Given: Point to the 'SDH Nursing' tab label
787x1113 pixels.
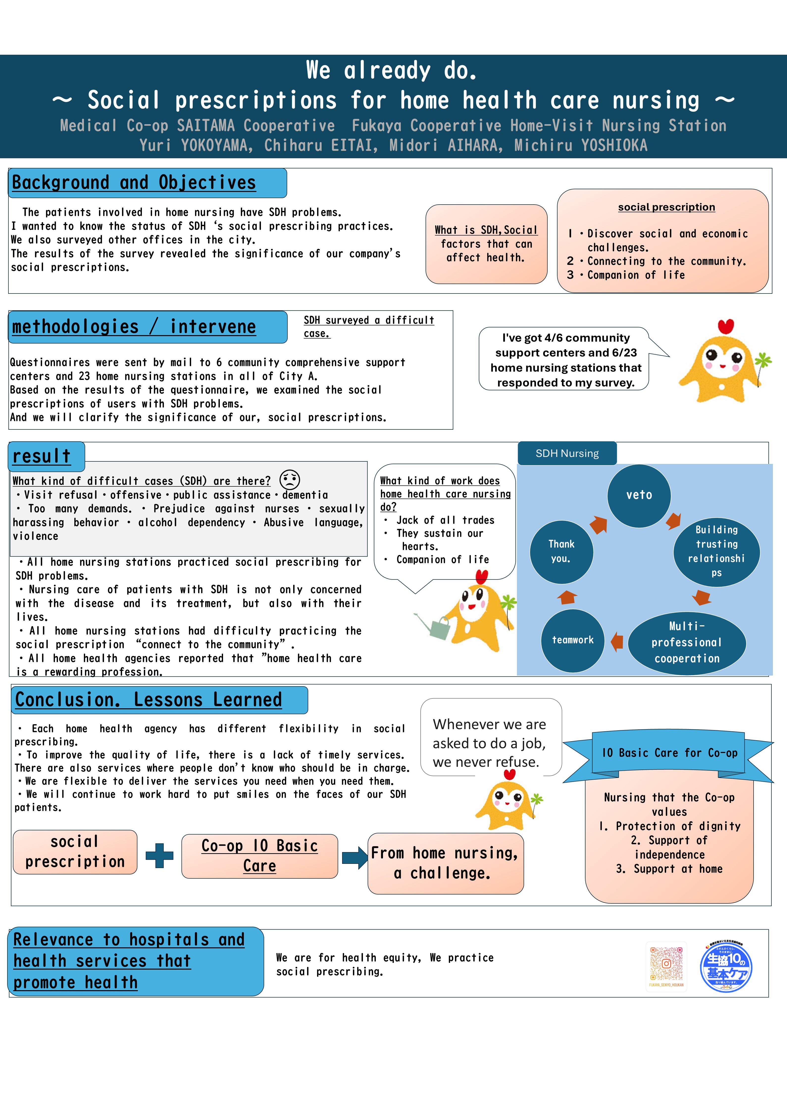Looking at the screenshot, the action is tap(567, 453).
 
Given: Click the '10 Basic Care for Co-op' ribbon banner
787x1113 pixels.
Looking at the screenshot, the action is tap(669, 753).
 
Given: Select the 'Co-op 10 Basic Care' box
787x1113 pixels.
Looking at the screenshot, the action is tap(260, 856).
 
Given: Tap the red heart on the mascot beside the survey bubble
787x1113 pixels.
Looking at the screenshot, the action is tap(725, 326).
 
